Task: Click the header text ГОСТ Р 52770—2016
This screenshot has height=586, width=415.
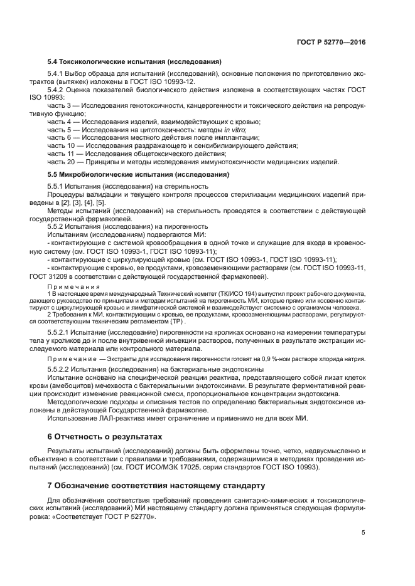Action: point(331,42)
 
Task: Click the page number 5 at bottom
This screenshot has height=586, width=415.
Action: point(364,533)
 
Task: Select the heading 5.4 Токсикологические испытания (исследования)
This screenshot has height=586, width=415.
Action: point(135,62)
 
